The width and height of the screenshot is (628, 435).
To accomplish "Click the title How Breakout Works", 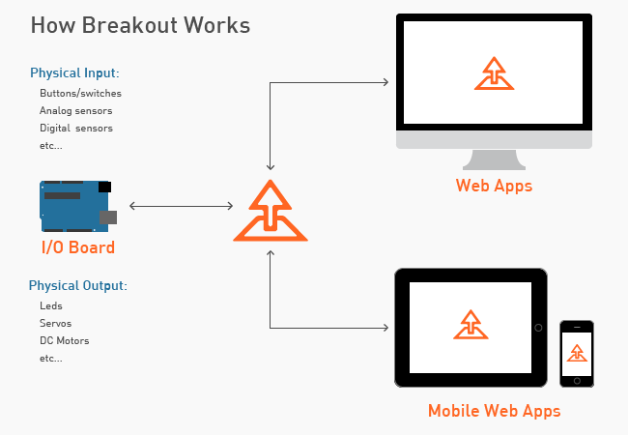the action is click(141, 25).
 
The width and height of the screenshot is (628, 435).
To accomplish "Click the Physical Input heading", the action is click(75, 72).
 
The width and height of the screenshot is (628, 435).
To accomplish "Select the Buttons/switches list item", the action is click(80, 93).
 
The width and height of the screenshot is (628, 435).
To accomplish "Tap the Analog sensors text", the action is click(76, 110).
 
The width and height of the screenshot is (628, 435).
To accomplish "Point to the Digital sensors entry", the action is click(76, 128).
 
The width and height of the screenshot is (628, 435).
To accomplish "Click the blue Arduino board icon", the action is click(78, 206).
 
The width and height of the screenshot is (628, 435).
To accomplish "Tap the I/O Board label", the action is click(78, 247).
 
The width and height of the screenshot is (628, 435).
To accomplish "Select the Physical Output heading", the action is click(78, 285).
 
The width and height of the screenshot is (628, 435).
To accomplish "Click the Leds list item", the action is click(51, 305).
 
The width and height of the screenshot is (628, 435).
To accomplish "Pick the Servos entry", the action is click(56, 323).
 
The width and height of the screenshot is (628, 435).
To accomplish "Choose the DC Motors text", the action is click(65, 340).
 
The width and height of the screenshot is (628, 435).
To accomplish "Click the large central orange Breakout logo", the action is click(271, 211).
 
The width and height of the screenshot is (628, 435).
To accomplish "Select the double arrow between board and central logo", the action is click(181, 206).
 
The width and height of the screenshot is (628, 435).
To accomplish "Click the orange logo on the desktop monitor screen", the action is click(495, 73).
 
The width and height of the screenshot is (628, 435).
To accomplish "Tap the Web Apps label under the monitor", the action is click(495, 186).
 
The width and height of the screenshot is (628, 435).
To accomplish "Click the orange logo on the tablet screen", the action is click(471, 325).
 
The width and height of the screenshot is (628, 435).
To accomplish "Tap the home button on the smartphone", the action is click(577, 381).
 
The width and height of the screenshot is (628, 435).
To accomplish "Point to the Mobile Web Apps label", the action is click(495, 411).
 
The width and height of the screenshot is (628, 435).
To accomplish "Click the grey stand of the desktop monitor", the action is click(495, 159).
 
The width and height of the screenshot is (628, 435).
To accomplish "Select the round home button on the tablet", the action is click(538, 328).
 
